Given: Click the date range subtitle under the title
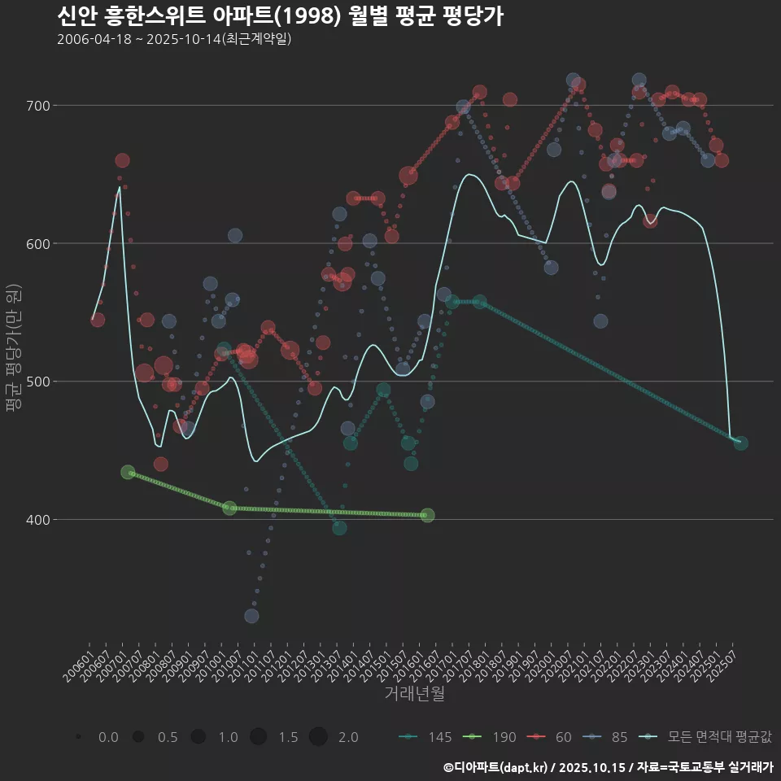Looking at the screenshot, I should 174,39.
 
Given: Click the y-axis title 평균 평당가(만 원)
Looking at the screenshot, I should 13,354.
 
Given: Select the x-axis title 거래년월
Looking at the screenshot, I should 414,694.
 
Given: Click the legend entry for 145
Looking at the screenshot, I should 426,737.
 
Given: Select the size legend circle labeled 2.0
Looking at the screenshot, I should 318,737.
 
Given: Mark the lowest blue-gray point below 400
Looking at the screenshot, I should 251,616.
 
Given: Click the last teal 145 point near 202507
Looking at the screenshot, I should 740,443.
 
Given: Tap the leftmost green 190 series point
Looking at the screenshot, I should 128,472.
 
